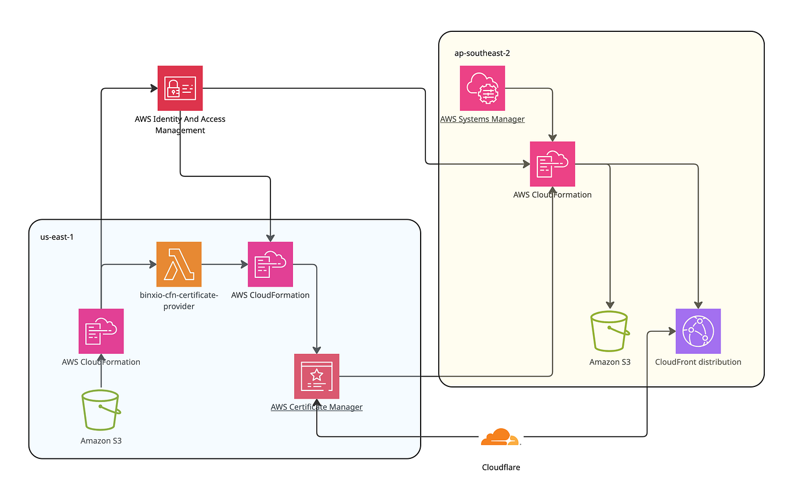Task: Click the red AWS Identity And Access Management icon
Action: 180,88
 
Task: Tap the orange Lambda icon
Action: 179,264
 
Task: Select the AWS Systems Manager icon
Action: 482,88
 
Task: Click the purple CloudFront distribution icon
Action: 698,331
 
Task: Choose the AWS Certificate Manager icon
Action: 316,376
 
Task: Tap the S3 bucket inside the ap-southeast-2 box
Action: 609,331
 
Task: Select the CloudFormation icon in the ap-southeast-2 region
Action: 552,164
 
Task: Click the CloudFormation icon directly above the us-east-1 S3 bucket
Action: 101,331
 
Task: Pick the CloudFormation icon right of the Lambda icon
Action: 270,264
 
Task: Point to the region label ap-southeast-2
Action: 482,53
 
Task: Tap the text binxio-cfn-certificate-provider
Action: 179,301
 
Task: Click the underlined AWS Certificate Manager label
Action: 316,407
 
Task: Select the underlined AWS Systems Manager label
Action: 482,120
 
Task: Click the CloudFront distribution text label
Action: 698,362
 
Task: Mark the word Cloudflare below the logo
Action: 501,467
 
